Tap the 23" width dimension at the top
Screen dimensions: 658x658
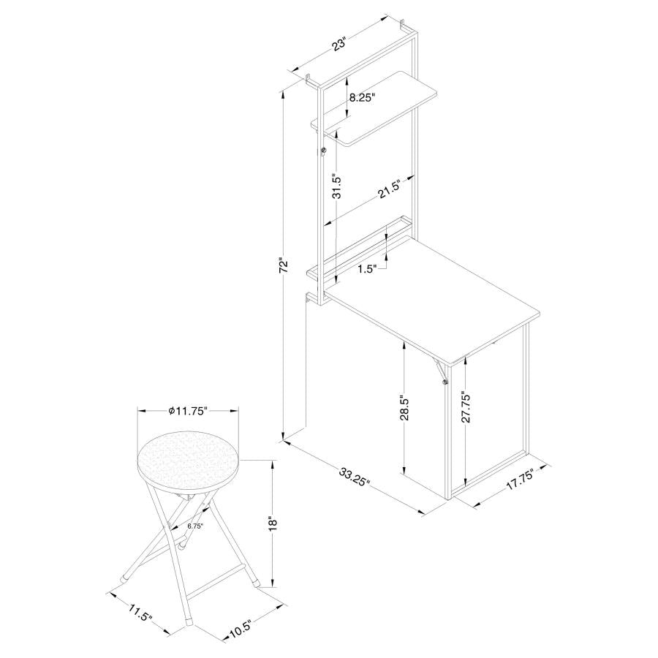(x=339, y=45)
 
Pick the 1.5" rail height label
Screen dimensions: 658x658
(x=367, y=269)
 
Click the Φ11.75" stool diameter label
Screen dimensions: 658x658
(x=189, y=411)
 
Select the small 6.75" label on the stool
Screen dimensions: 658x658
(x=194, y=525)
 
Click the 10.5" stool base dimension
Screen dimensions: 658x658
(x=238, y=627)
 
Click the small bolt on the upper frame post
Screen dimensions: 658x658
(x=322, y=151)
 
